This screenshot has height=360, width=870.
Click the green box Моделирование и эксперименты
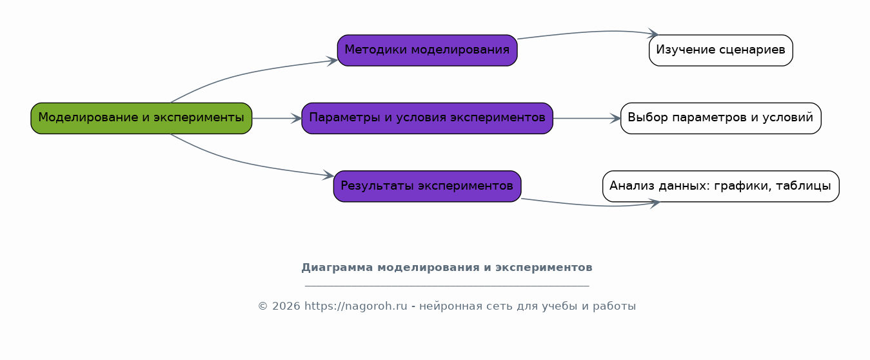141,118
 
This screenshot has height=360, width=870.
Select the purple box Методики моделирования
427,50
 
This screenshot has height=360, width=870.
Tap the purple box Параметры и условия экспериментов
427,118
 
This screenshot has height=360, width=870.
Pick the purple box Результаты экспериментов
427,186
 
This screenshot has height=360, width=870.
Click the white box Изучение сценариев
720,50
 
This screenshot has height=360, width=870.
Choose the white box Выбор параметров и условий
720,118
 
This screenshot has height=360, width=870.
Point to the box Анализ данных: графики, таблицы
720,186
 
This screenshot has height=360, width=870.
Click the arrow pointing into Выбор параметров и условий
586,118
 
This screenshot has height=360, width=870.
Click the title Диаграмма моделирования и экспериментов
446,268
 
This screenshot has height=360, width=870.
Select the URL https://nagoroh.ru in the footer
355,306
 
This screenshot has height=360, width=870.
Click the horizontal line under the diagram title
446,285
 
